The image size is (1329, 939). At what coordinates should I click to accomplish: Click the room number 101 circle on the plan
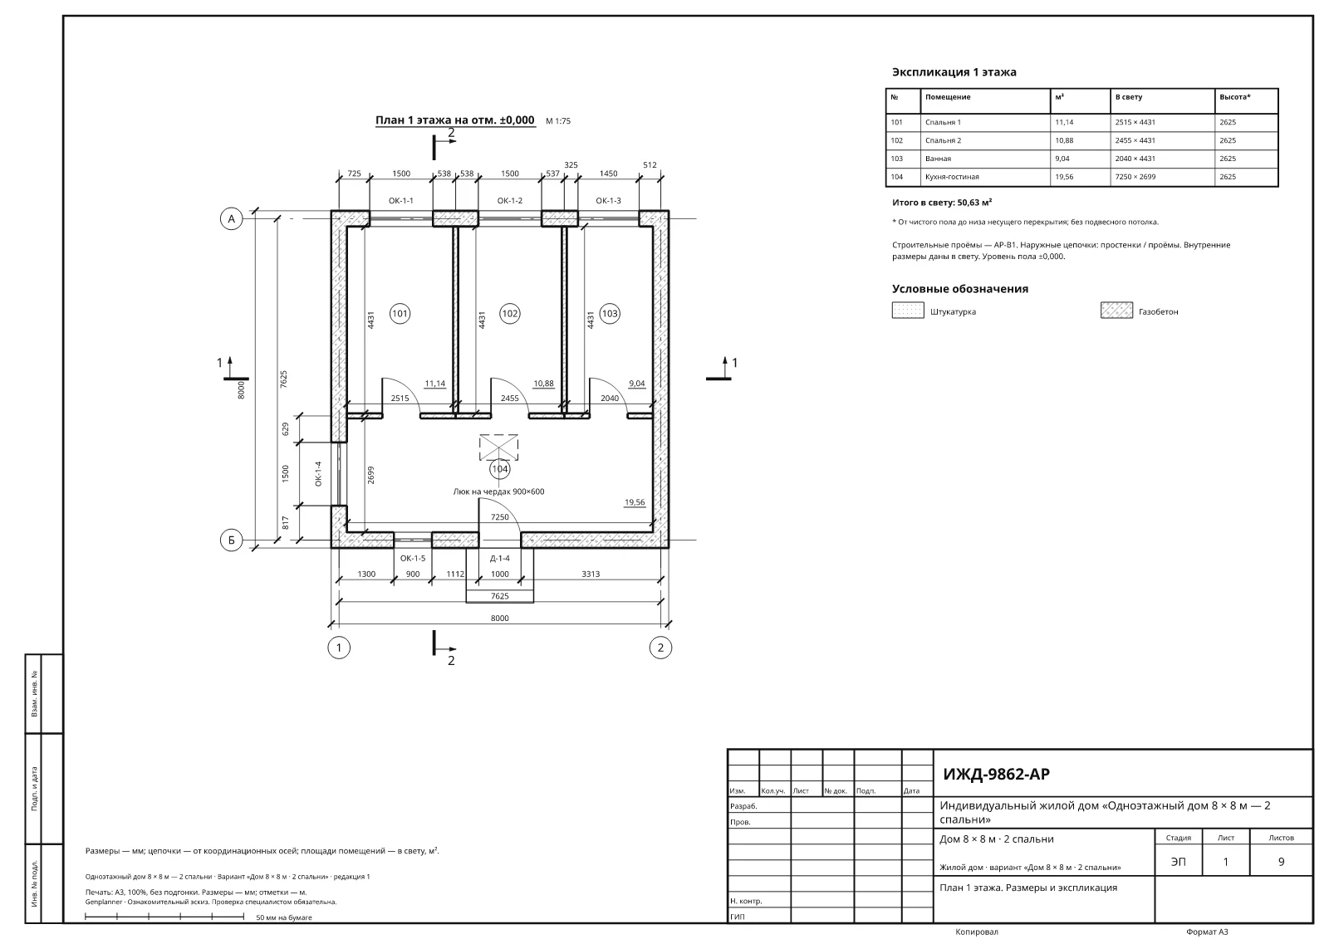click(x=400, y=314)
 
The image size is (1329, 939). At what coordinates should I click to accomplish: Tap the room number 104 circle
click(x=499, y=469)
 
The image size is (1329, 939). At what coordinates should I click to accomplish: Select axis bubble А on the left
click(x=232, y=219)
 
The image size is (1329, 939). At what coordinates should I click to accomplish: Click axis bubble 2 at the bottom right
click(x=660, y=648)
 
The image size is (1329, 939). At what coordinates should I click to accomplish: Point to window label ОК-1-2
click(x=510, y=200)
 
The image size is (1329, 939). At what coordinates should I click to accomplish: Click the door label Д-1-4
click(x=499, y=558)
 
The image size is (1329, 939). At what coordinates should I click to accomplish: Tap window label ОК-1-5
click(x=412, y=558)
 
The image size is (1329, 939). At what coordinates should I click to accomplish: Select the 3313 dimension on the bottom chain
click(x=591, y=575)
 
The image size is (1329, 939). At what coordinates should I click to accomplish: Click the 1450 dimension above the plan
click(x=608, y=174)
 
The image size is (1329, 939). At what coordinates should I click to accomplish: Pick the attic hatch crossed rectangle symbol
click(x=498, y=447)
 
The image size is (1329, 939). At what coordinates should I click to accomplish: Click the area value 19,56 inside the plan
click(x=635, y=502)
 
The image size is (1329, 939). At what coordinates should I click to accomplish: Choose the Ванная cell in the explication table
click(x=938, y=159)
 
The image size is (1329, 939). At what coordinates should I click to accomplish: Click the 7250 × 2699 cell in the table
click(x=1135, y=177)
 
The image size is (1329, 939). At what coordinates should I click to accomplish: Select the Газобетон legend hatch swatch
click(x=1116, y=311)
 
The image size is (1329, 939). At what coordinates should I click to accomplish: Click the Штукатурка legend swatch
click(x=908, y=311)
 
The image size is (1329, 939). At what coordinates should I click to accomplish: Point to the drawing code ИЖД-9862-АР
click(x=996, y=774)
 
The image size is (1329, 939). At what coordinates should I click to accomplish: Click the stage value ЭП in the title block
click(x=1179, y=861)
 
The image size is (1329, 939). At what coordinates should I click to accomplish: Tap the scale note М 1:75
click(x=557, y=121)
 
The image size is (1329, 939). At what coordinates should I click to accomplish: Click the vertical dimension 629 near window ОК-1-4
click(x=286, y=429)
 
